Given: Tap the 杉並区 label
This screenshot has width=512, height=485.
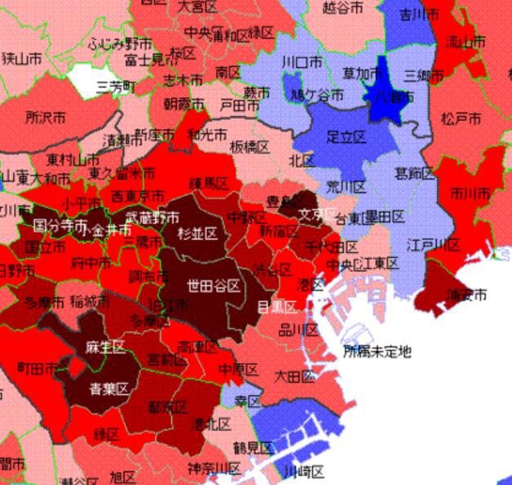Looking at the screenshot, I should [x=199, y=234].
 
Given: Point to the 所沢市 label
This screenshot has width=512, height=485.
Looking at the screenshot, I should [x=46, y=118].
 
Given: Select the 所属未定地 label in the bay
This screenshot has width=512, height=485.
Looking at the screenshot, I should [x=377, y=352].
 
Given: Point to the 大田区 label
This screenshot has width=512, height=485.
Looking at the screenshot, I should [x=294, y=376].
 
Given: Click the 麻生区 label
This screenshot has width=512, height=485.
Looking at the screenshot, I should [x=105, y=347].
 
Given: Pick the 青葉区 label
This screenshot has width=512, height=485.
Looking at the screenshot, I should [x=105, y=389].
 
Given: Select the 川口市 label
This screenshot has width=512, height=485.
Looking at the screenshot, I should [x=301, y=61].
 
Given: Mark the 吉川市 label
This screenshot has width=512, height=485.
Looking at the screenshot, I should [x=419, y=14].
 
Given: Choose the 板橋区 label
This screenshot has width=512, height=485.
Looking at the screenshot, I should [x=249, y=147].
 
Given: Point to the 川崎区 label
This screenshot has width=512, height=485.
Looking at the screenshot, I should [x=304, y=472].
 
